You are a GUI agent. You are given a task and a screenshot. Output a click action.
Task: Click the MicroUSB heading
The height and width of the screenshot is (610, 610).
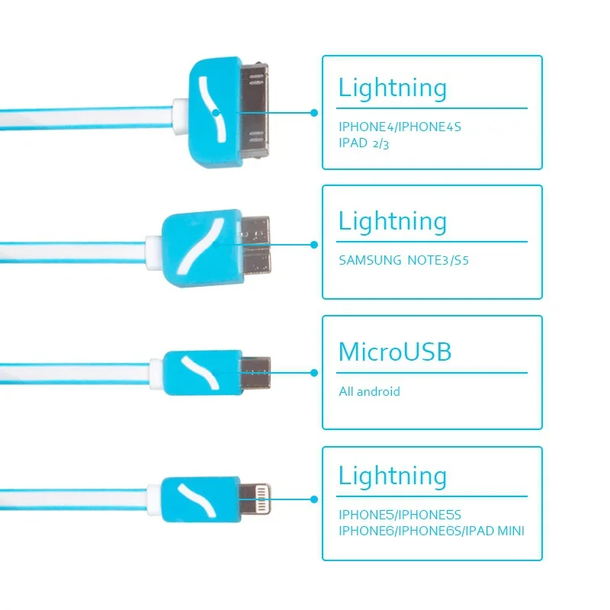395,352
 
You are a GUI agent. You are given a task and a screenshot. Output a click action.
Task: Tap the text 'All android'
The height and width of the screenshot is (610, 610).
369,392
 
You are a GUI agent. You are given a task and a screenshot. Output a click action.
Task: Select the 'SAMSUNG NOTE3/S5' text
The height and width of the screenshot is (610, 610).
403,260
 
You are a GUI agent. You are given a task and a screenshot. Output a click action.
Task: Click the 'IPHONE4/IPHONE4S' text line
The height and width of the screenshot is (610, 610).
400,127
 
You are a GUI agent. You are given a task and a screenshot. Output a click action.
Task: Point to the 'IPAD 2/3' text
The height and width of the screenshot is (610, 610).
364,144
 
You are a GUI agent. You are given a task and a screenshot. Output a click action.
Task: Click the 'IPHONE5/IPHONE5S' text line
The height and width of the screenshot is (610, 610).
400,515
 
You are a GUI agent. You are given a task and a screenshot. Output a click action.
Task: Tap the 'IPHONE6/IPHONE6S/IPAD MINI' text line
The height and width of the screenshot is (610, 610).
432,531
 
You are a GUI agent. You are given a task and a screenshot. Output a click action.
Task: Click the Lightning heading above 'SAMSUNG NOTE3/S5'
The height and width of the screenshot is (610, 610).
393,222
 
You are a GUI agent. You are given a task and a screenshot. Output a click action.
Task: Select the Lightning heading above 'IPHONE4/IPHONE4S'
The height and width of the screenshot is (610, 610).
393,88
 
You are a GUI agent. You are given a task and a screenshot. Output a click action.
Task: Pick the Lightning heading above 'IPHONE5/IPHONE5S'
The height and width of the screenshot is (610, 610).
393,477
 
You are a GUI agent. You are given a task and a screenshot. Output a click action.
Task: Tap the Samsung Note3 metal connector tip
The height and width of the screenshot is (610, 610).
256,245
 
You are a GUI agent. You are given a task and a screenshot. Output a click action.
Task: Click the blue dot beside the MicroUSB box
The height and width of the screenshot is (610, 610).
313,373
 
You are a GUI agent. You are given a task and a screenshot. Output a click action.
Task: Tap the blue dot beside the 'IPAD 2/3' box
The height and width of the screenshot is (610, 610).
313,112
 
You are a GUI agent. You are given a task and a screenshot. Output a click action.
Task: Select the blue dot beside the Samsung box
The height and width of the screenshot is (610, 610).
313,245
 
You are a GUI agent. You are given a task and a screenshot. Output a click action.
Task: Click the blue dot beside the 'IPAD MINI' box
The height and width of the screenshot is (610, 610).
313,499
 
